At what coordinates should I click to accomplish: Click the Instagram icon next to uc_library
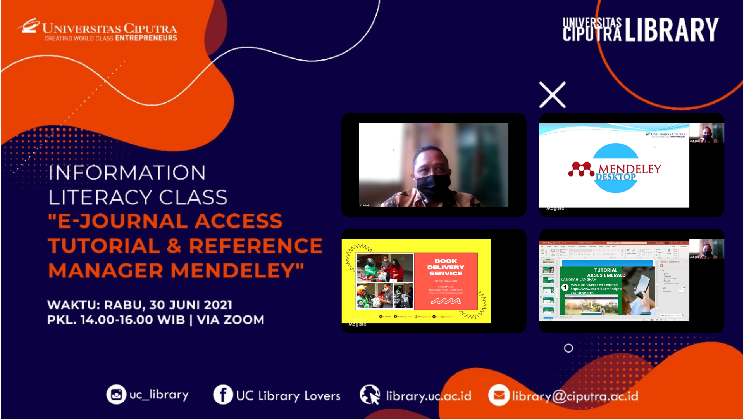[116, 395]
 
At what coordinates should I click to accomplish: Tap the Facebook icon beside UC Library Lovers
[223, 395]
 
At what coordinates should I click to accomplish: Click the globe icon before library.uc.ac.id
[370, 395]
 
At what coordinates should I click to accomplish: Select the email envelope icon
[499, 395]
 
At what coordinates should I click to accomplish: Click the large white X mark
[553, 95]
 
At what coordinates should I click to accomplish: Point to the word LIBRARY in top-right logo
[672, 30]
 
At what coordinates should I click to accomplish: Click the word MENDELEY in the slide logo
[630, 169]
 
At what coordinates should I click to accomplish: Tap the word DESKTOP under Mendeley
[615, 177]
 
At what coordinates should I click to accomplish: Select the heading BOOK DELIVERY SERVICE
[446, 267]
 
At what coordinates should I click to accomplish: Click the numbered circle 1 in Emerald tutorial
[565, 287]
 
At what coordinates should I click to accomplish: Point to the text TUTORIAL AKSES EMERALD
[606, 273]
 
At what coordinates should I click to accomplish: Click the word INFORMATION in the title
[127, 173]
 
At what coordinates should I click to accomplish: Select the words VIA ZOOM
[231, 320]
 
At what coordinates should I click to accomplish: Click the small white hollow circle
[568, 348]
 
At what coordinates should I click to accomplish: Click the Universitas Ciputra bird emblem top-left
[29, 26]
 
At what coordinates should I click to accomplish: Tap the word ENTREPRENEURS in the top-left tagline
[146, 38]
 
